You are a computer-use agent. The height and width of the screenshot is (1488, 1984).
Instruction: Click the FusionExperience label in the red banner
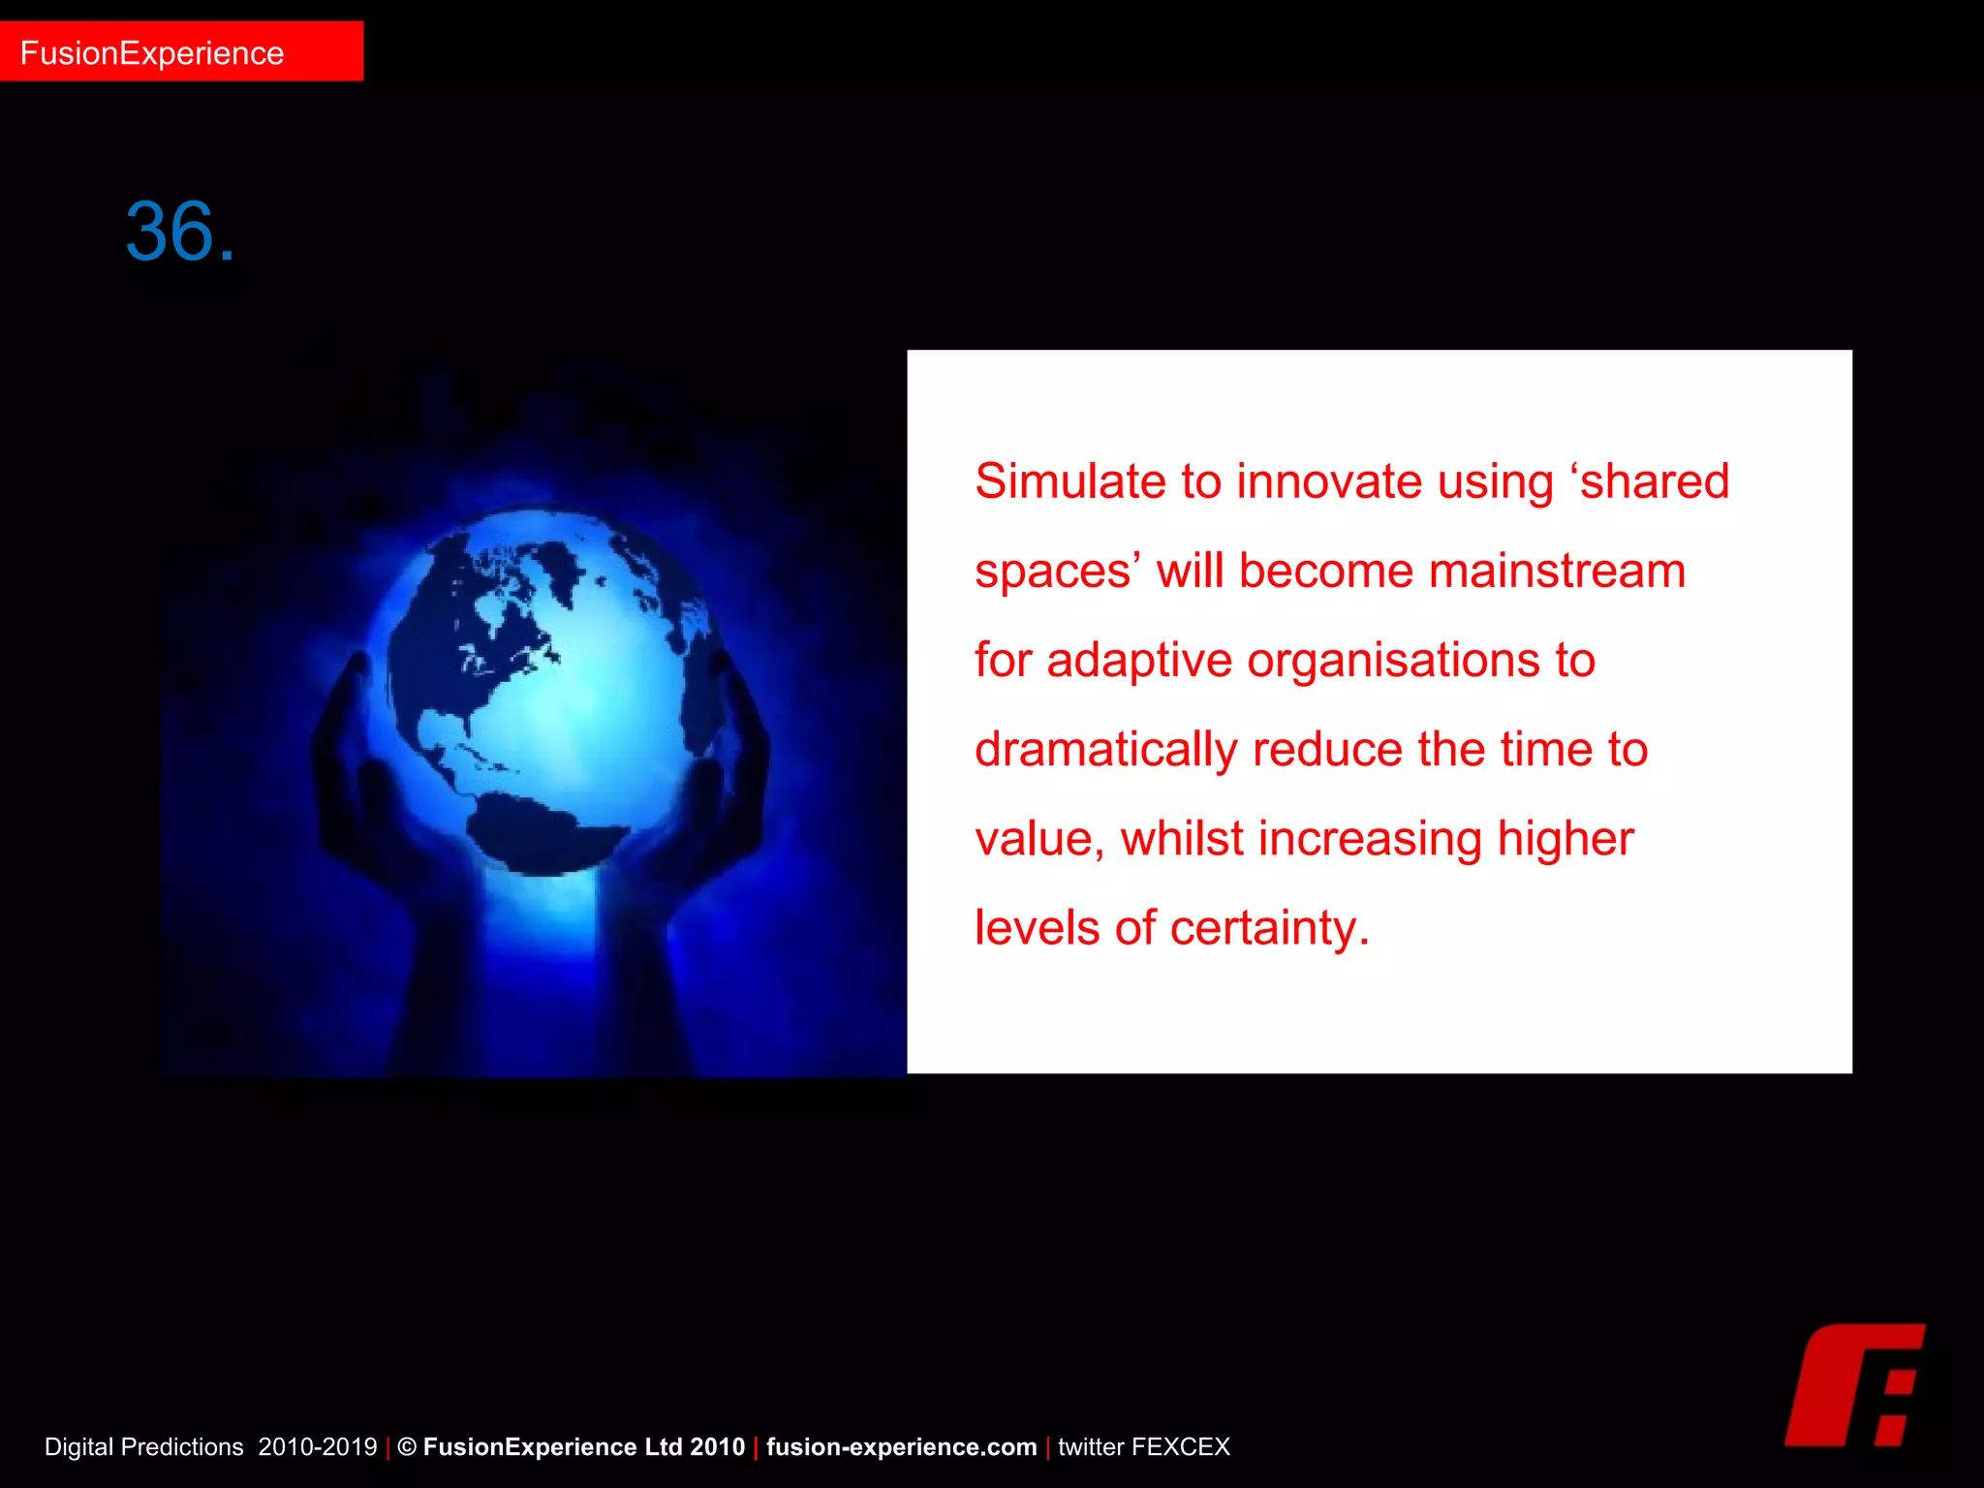coord(152,53)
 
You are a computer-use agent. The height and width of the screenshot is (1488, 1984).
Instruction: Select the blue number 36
coord(179,232)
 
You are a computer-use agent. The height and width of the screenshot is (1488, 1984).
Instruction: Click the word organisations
coord(1393,661)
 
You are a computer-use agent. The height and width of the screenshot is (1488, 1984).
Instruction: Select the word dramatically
coord(1105,750)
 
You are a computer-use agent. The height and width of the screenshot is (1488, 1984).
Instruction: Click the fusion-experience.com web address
coord(901,1447)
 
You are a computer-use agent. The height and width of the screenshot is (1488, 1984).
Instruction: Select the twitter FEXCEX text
coord(1143,1447)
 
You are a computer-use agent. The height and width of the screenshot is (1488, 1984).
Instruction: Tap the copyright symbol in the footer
coord(407,1447)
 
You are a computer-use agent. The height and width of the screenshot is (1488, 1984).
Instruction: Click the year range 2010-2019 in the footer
coord(317,1447)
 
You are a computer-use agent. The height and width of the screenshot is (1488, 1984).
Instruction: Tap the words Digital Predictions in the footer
coord(143,1447)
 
